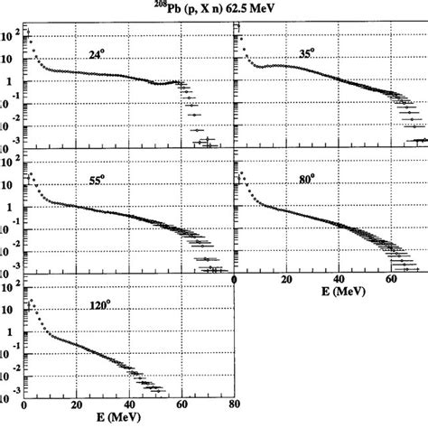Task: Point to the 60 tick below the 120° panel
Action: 183,406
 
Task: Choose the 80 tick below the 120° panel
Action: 234,406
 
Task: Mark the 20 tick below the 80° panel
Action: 286,280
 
